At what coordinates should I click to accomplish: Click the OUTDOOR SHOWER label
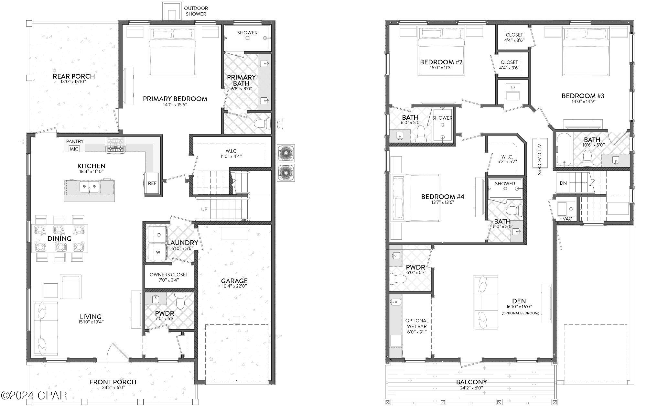196,11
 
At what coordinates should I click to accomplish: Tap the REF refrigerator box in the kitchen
152,183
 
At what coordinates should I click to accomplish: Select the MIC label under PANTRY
74,149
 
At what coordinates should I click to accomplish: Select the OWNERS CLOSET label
168,275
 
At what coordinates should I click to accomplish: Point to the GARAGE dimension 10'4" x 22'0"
234,286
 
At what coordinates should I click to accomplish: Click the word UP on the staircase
204,209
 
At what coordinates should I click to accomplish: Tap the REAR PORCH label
74,76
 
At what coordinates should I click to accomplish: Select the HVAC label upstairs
565,219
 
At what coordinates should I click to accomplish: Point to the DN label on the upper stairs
563,183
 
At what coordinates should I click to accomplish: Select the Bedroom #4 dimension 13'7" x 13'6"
442,202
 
